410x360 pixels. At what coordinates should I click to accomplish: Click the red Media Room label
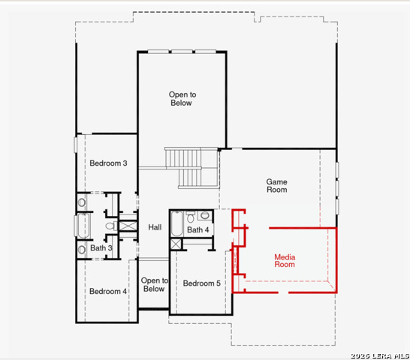pos(285,261)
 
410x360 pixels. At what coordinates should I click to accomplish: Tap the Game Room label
pos(276,185)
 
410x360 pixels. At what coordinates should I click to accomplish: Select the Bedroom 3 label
pos(108,163)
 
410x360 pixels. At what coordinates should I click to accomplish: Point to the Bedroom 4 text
pos(108,291)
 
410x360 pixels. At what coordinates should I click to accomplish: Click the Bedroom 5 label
pos(201,283)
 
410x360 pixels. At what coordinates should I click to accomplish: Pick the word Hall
pos(155,227)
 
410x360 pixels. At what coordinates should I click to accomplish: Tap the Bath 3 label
pos(101,248)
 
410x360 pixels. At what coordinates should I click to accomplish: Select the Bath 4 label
pos(198,230)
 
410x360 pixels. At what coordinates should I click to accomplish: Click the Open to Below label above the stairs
pos(182,98)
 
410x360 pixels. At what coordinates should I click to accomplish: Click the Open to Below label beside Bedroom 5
pos(154,284)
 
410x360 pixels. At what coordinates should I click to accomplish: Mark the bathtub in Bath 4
pos(176,223)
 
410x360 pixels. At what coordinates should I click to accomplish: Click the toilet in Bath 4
pos(191,217)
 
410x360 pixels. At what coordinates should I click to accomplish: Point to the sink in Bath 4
pos(205,215)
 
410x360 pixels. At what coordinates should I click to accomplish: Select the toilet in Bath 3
pos(111,226)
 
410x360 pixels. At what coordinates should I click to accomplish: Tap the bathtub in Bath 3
pos(83,226)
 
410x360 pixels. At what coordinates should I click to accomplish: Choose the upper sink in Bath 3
pos(82,202)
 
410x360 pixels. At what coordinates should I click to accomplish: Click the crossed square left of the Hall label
pos(128,226)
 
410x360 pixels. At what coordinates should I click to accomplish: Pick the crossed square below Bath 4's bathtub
pos(176,244)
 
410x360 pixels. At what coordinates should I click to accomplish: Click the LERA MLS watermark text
pos(380,355)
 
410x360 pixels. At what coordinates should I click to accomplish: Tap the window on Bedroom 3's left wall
pos(76,145)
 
